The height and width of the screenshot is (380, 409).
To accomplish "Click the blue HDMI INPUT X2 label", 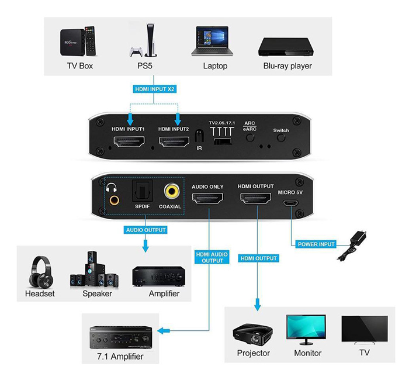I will coord(155,89).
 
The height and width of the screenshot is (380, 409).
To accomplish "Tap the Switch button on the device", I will coord(280,139).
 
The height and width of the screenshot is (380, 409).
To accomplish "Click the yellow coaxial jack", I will coord(171,191).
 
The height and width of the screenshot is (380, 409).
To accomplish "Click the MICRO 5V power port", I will coord(288,203).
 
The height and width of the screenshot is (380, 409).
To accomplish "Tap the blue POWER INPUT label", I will coord(316,244).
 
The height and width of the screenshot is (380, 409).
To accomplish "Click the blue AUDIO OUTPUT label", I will coord(146,230).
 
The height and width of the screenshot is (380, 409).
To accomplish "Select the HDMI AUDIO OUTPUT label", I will coord(211,257).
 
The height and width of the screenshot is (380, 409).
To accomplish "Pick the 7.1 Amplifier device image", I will coord(121,337).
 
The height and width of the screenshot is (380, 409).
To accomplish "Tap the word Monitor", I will coord(307,353).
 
